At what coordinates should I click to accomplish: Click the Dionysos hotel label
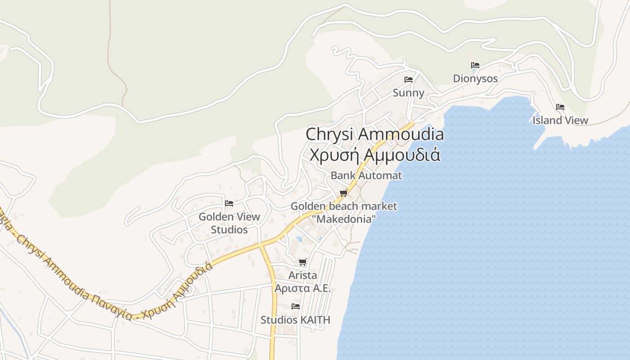tap(475, 79)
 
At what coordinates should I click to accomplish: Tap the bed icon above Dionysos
tap(475, 65)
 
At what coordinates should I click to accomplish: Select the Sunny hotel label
tap(409, 93)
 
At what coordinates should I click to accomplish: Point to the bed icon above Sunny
tap(409, 80)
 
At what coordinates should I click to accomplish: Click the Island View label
tap(560, 121)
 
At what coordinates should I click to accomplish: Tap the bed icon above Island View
tap(560, 107)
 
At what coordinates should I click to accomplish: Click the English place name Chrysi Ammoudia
tap(374, 134)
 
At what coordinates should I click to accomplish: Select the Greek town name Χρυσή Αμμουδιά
tap(374, 154)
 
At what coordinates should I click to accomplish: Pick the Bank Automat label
tap(366, 175)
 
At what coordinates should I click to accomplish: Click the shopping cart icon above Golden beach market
tap(344, 193)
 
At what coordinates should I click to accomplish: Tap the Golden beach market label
tap(344, 207)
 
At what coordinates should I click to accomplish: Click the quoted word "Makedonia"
tap(344, 220)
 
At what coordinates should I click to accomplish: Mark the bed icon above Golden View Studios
tap(229, 203)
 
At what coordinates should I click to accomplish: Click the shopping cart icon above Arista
tap(303, 262)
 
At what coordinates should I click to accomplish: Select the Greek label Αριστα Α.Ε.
tap(303, 288)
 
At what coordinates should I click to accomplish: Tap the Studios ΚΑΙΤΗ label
tap(295, 320)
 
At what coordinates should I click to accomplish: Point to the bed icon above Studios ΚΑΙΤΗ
tap(296, 306)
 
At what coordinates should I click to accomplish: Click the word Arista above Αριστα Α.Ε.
tap(303, 275)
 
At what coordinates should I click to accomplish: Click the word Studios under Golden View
tap(229, 230)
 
